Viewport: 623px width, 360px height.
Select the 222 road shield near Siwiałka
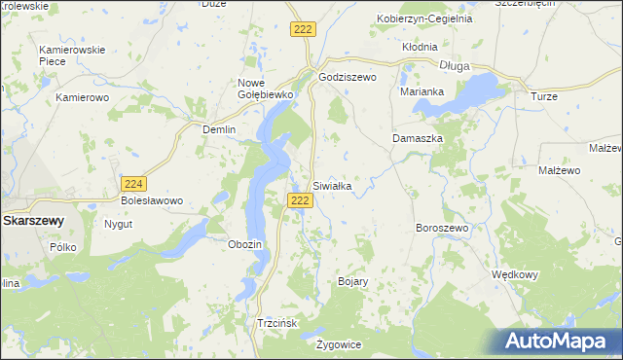coord(300,200)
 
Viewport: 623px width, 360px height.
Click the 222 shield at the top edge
coord(302,31)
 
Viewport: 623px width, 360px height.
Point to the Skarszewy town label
coord(33,221)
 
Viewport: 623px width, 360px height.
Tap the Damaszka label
coord(418,139)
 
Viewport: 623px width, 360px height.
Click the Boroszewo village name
coord(442,227)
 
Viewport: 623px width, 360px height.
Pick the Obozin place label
coord(244,244)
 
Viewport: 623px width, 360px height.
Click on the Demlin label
coord(219,129)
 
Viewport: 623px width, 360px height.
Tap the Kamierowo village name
coord(81,97)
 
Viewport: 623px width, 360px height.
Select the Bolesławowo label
coord(152,201)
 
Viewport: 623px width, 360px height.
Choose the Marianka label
coord(421,92)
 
